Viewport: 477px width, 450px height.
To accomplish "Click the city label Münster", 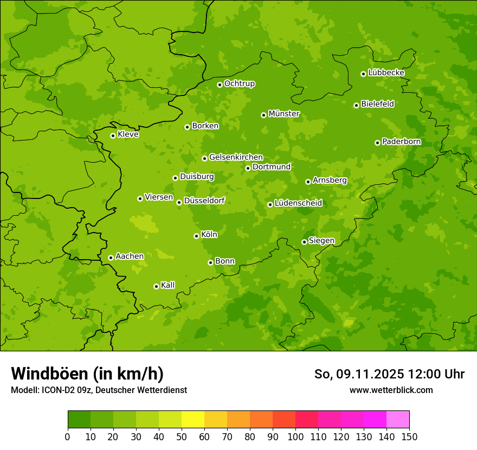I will click(x=284, y=114).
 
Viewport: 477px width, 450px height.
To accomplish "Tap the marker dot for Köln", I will click(x=196, y=236).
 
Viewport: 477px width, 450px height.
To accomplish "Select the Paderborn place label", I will click(x=401, y=142).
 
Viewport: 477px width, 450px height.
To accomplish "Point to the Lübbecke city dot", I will click(x=363, y=74).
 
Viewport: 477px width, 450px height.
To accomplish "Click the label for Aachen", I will click(x=130, y=256).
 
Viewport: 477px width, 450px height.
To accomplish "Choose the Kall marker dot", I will click(x=156, y=286).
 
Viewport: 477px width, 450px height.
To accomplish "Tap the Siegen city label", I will click(x=321, y=241).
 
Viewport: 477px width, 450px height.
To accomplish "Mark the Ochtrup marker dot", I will click(x=220, y=85).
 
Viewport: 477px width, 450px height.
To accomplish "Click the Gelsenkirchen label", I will click(x=236, y=157).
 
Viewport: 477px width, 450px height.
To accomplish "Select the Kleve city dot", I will click(x=113, y=136).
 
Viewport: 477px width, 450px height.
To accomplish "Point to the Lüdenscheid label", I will click(x=298, y=203).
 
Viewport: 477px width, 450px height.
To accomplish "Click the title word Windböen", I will click(x=49, y=374).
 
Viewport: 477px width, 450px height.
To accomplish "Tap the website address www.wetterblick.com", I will click(x=391, y=390).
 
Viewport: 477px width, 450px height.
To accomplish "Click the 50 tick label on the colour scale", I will click(x=182, y=436).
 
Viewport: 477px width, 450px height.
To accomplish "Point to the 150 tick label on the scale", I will click(x=409, y=436).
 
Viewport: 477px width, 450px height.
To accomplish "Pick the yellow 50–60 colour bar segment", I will click(x=193, y=420).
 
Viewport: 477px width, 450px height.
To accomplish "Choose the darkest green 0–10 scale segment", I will click(x=79, y=420).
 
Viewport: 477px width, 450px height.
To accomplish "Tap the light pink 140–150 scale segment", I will click(x=398, y=420).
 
